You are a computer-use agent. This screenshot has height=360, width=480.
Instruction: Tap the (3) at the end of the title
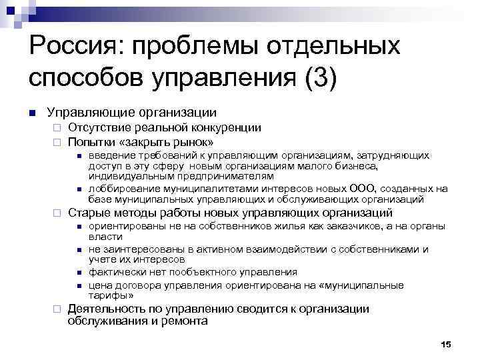click(321, 78)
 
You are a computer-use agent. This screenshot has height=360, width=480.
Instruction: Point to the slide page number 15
click(446, 343)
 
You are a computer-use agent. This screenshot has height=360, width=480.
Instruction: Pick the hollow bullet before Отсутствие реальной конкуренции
click(58, 127)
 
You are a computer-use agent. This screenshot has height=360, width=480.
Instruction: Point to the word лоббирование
click(120, 189)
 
